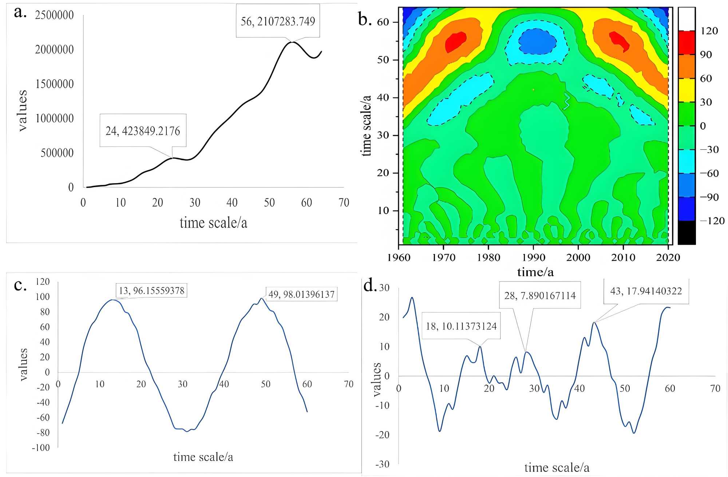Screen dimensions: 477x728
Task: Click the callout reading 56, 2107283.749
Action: pos(278,21)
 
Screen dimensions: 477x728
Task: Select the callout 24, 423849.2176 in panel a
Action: pos(143,131)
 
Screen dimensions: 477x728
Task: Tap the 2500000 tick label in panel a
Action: pos(54,15)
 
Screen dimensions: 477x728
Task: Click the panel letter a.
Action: pos(20,12)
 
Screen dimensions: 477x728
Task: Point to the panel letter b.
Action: pos(365,19)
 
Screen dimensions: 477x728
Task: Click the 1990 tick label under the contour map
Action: pos(533,257)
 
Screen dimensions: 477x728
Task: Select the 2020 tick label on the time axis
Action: pos(668,257)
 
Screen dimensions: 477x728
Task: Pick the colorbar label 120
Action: pos(709,31)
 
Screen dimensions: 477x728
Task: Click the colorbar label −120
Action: pos(712,221)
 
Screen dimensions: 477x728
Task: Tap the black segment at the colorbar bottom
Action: pos(687,233)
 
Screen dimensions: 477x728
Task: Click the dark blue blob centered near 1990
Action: pos(537,41)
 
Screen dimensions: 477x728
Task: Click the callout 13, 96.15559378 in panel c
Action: pos(151,291)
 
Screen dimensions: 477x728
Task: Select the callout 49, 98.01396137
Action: pos(301,294)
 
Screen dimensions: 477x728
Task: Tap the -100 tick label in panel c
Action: pos(41,448)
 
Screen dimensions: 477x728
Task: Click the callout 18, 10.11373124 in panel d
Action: pos(461,326)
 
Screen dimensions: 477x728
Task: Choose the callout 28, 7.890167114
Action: pos(540,295)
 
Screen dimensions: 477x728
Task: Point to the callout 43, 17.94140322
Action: pos(646,291)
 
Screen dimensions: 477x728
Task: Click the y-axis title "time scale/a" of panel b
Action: pos(367,126)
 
